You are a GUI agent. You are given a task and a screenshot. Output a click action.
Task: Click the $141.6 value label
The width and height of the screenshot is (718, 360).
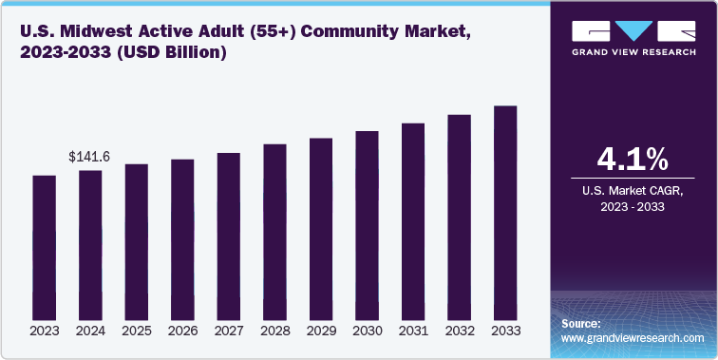click(x=89, y=157)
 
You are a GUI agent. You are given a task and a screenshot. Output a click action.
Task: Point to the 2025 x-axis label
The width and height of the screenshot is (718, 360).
click(x=136, y=332)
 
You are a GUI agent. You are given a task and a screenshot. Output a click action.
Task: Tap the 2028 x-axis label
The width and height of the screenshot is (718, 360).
click(x=274, y=332)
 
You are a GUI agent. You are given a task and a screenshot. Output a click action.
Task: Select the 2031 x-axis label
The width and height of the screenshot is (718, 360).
click(x=413, y=332)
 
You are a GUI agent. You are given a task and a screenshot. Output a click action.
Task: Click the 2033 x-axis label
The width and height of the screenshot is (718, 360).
click(x=505, y=332)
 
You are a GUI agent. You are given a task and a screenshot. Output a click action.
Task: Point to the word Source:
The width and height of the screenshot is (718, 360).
click(x=581, y=324)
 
